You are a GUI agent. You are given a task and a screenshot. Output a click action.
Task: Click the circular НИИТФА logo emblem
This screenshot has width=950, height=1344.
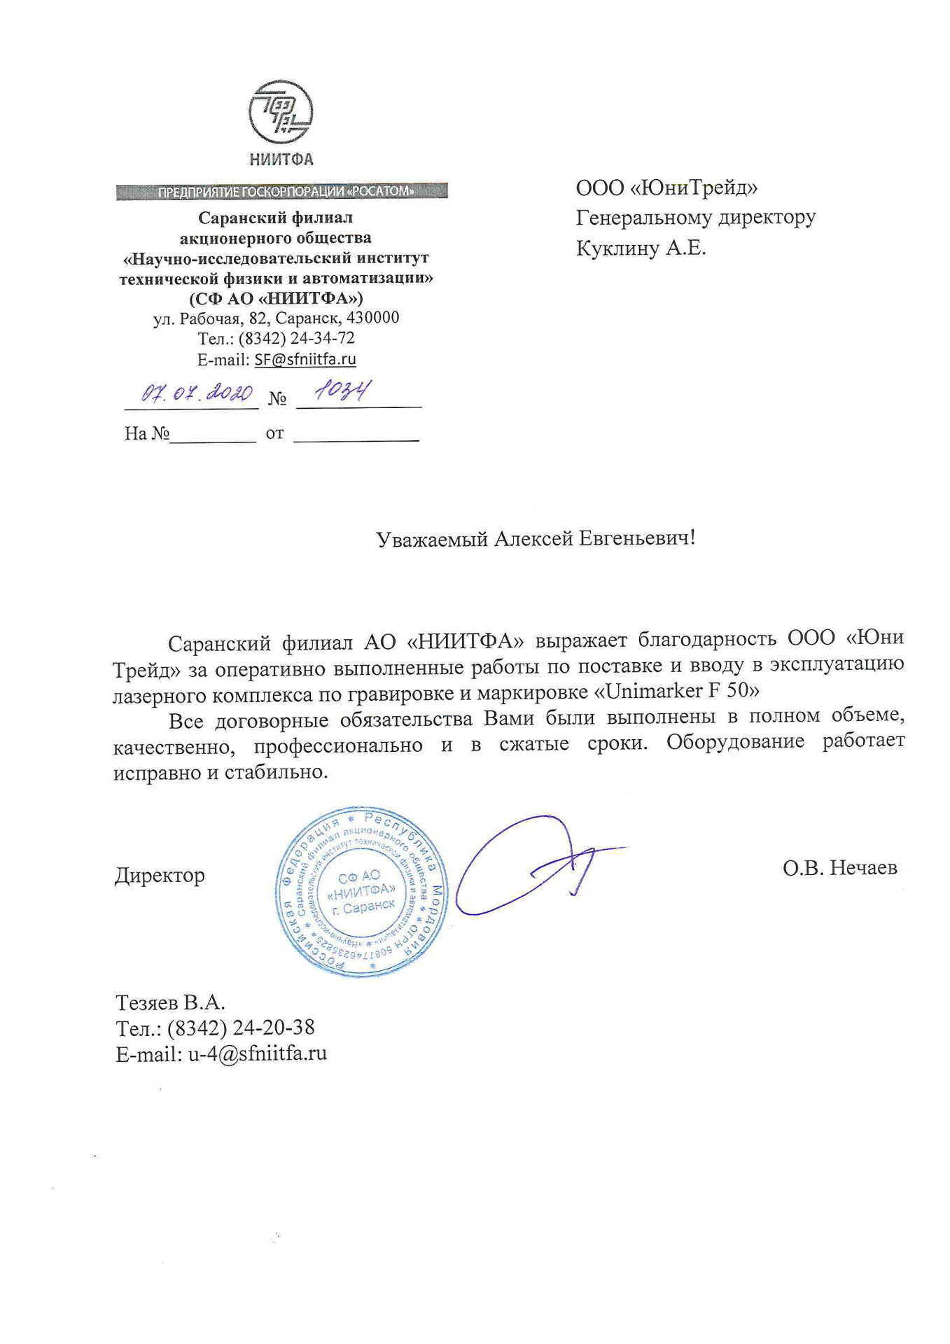(x=281, y=112)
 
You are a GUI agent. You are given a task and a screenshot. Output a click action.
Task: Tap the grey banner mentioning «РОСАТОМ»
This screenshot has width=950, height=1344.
(x=281, y=191)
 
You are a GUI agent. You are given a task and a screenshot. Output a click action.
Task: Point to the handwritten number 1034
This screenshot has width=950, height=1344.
(x=342, y=391)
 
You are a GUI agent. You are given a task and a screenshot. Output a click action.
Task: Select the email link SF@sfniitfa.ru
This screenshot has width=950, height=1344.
(x=305, y=359)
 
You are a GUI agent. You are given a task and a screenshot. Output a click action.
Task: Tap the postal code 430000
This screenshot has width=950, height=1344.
(x=373, y=318)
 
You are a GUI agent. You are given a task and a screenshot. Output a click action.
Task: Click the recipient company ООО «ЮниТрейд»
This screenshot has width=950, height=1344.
(x=666, y=188)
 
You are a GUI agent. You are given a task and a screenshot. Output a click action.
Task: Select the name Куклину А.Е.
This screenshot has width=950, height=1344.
(x=641, y=248)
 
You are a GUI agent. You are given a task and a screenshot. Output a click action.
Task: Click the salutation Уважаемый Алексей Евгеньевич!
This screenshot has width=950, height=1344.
(x=536, y=538)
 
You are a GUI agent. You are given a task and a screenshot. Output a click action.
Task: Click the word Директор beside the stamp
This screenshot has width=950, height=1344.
(x=160, y=876)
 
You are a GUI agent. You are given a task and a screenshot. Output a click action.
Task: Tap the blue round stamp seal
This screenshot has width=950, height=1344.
(x=361, y=891)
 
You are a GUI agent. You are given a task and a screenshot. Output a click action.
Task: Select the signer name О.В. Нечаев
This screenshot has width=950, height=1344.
(x=839, y=868)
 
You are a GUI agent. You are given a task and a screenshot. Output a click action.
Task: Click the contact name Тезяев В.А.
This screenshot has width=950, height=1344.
(x=170, y=1002)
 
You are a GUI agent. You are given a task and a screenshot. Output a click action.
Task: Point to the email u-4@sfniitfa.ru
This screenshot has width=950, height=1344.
(x=257, y=1053)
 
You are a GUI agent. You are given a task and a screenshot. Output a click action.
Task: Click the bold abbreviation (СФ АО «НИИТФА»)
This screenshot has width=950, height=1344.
(x=276, y=298)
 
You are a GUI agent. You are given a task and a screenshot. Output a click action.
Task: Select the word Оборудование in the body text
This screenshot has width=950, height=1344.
(x=735, y=741)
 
